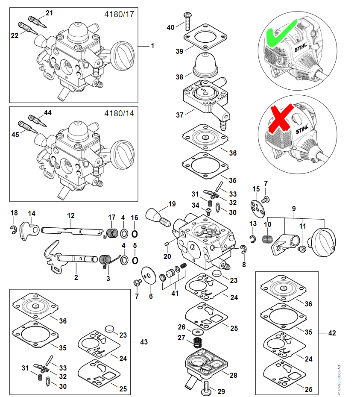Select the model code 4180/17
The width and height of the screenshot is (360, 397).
119,14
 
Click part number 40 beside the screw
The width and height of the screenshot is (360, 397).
170,27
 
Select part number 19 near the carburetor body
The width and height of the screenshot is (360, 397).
172,204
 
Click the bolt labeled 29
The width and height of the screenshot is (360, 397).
207,389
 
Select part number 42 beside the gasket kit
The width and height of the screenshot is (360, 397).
333,332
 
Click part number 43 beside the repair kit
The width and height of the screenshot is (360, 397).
144,341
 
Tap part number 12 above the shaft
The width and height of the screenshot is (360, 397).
71,215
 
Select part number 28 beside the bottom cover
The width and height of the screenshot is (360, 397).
233,375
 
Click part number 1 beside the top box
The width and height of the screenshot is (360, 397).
152,46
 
